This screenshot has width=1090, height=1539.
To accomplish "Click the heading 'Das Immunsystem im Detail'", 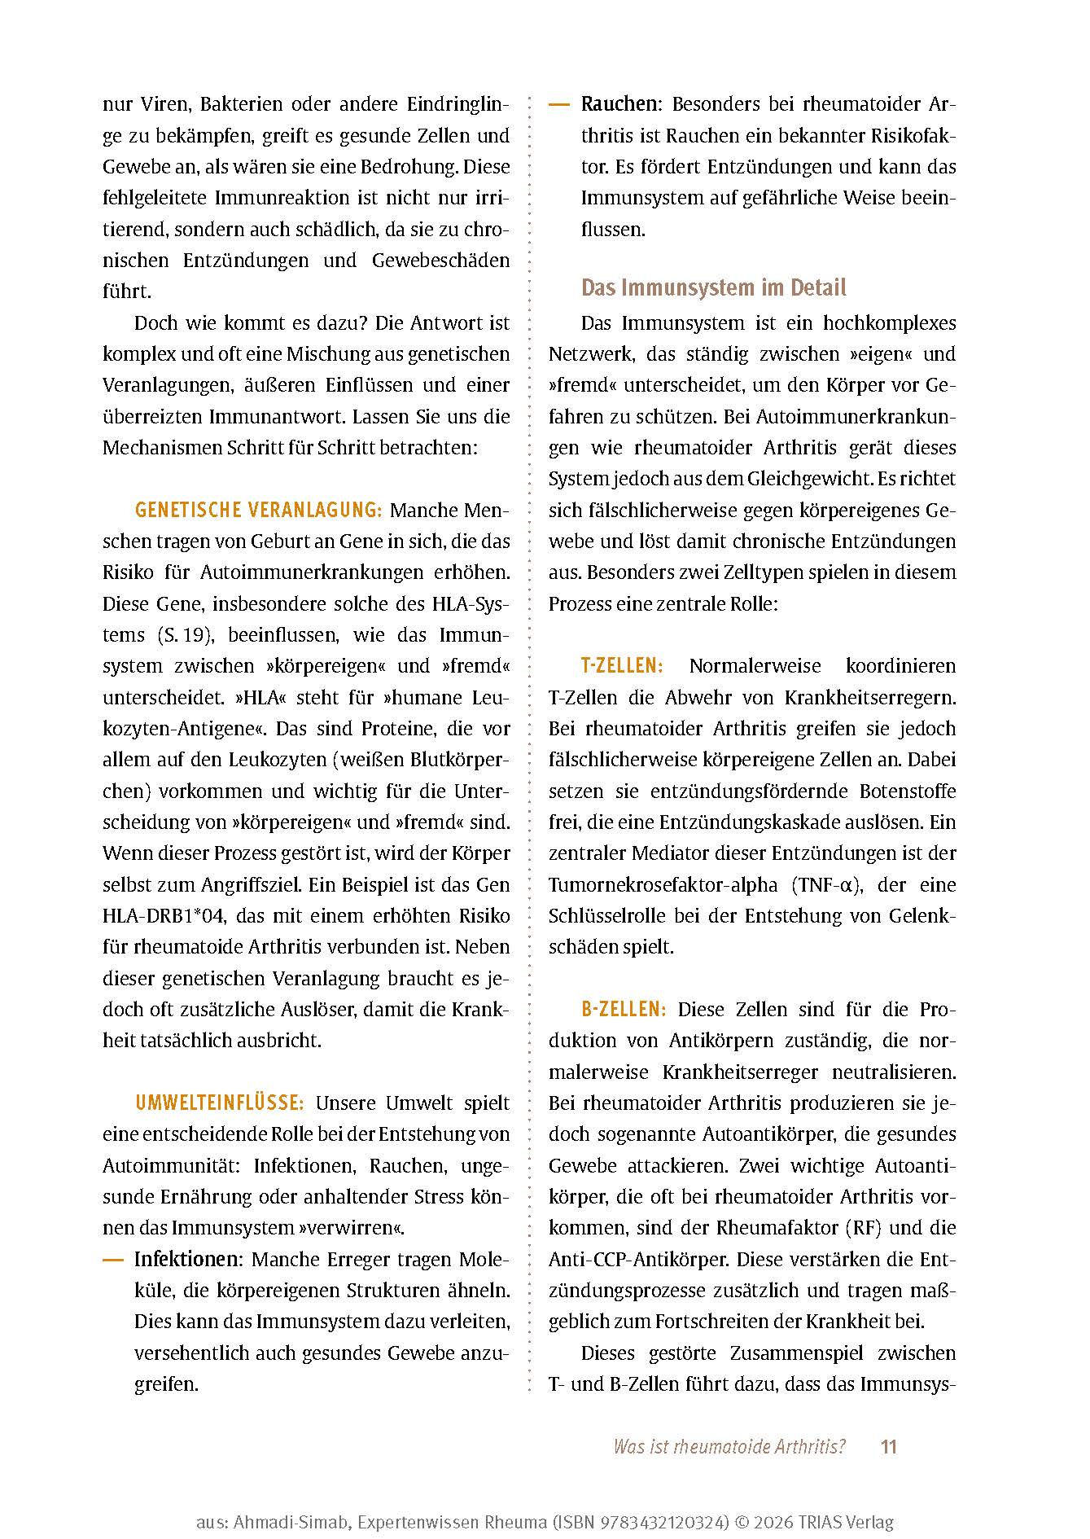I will (713, 287).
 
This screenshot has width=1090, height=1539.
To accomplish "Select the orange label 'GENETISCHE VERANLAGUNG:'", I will (258, 511).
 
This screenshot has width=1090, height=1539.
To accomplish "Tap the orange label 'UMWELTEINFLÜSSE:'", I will (220, 1103).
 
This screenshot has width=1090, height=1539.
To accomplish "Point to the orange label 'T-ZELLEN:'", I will (622, 666).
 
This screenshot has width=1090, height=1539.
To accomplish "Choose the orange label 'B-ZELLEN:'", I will (624, 1010).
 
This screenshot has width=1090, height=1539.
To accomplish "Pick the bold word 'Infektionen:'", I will (188, 1260).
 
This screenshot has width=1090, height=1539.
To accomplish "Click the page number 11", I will (888, 1447).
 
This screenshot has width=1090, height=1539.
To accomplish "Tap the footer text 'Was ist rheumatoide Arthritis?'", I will (729, 1447).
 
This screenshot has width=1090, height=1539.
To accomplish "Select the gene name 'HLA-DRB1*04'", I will (163, 916).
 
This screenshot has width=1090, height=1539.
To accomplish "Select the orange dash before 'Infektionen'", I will (112, 1260).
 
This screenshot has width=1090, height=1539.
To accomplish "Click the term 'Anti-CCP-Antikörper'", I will (639, 1260).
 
